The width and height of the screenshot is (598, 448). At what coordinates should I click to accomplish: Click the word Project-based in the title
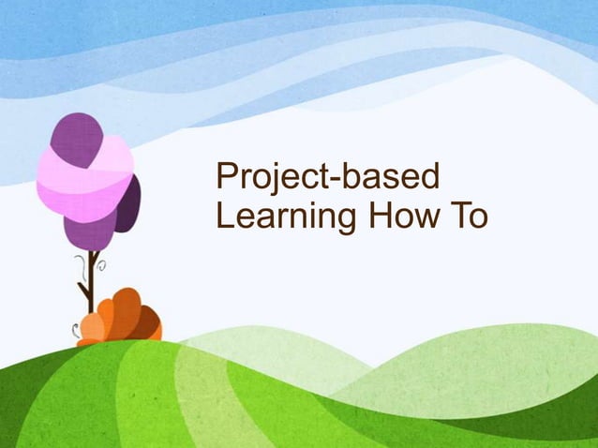(329, 179)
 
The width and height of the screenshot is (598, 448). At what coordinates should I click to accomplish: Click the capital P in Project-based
(226, 177)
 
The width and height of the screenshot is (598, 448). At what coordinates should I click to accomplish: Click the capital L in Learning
(223, 216)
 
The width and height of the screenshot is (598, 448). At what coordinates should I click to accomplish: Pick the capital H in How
(381, 216)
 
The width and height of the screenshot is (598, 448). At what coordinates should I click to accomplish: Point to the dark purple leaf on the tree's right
(128, 202)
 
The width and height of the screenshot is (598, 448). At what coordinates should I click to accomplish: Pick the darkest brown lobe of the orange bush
(145, 323)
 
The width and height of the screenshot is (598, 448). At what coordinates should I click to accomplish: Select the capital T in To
(461, 216)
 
